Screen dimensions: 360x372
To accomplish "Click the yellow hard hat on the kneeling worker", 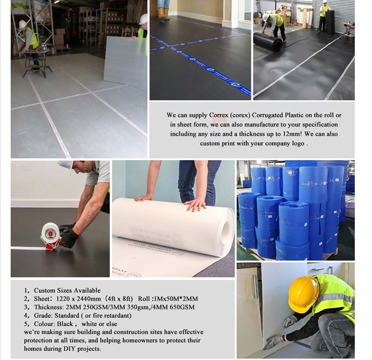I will (x=303, y=293).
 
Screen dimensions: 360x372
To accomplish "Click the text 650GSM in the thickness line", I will (x=182, y=307).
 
